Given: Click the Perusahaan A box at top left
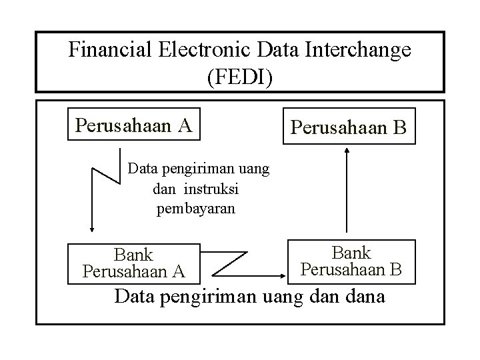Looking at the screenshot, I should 133,125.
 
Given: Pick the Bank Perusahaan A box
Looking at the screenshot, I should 133,263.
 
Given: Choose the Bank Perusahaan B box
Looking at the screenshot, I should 351,261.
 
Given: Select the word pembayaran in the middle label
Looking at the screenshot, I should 195,209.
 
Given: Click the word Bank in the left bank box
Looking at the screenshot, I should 133,255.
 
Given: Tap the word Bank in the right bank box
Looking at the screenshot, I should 351,253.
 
